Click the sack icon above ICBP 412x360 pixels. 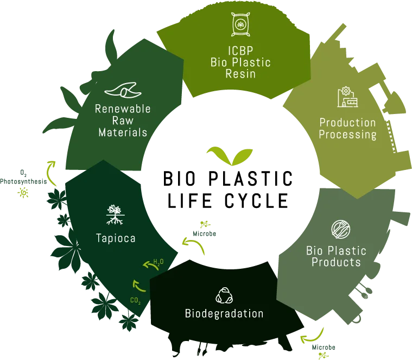point(239,24)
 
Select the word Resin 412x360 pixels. point(240,74)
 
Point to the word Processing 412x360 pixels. point(347,134)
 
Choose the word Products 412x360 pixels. point(336,262)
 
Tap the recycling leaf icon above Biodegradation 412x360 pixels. point(224,295)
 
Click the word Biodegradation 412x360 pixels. point(224,314)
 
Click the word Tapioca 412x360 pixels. point(115,238)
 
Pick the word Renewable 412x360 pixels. point(123,109)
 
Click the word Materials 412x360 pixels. point(123,132)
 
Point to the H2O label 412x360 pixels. point(158,262)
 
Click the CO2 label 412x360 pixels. point(136,300)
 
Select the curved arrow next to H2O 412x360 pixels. point(148,266)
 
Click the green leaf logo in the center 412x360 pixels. point(226,156)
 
